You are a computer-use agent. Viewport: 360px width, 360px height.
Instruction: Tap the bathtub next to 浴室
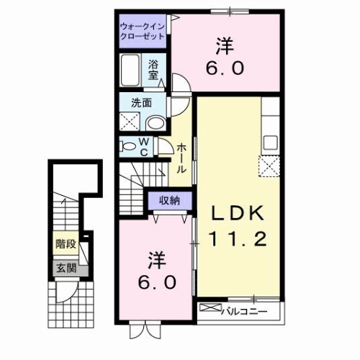131,71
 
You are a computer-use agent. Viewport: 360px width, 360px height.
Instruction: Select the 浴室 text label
154,70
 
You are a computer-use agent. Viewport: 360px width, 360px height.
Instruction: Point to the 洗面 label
141,102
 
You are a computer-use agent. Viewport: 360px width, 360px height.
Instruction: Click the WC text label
144,147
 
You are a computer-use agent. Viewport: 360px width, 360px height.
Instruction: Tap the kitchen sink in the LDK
271,141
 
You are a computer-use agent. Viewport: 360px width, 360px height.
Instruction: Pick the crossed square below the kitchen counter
271,167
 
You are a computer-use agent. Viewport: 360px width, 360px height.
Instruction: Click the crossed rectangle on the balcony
213,311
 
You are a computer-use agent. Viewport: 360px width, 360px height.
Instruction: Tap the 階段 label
66,244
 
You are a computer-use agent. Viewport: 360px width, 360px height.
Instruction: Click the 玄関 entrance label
66,270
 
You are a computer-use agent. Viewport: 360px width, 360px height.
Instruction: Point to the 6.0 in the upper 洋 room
228,69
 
